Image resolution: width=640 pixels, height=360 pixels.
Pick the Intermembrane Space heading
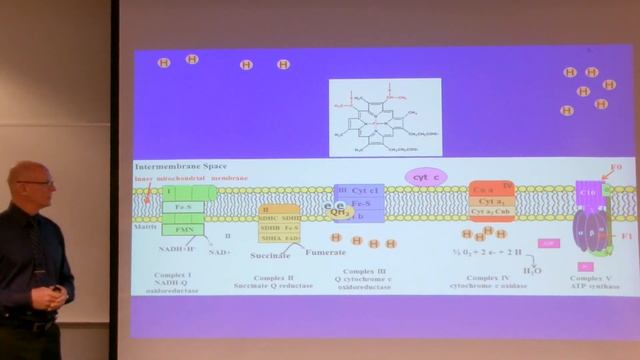(180, 165)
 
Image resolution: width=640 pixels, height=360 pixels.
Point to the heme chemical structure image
(385, 117)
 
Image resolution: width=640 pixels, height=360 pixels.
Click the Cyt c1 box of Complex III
(365, 190)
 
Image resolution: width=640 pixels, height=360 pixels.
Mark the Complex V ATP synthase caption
(588, 282)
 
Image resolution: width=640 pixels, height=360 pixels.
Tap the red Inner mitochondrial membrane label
(191, 178)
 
